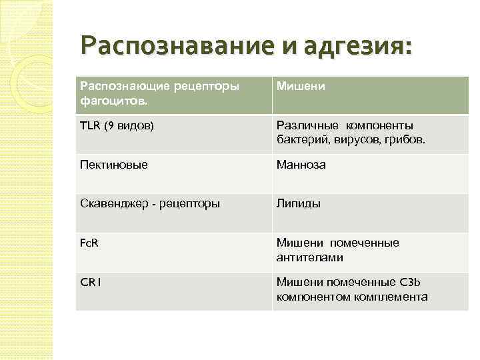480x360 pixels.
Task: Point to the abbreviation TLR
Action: click(89, 126)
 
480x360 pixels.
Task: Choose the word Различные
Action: click(307, 126)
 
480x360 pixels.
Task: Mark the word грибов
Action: click(402, 140)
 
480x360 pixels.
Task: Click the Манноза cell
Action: click(301, 165)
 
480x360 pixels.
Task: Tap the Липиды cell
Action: click(299, 204)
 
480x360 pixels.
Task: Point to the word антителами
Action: click(310, 257)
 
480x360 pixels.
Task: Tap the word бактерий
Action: click(301, 140)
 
